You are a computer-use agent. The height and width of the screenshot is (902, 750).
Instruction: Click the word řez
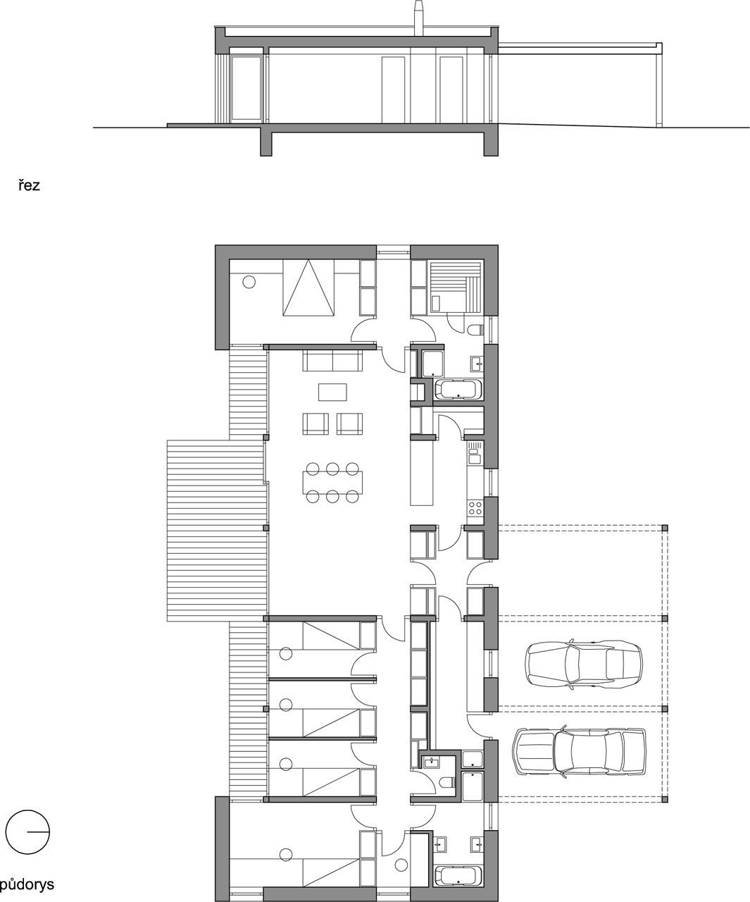(30, 186)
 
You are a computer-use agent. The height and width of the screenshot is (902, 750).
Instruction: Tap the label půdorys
(27, 884)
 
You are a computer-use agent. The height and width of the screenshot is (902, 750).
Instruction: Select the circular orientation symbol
(27, 831)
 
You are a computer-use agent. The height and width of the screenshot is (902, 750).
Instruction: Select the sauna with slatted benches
(455, 285)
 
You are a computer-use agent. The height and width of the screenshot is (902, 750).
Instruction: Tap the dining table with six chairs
(332, 483)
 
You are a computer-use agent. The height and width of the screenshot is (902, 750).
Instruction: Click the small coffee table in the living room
(332, 392)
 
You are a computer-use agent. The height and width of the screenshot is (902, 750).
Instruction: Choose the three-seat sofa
(332, 360)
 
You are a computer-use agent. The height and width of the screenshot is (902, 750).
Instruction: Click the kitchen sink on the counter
(475, 454)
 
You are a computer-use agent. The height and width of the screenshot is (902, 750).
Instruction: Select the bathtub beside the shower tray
(458, 390)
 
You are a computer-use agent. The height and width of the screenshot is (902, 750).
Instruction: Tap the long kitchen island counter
(421, 473)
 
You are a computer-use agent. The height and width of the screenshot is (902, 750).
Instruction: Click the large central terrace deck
(216, 531)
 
